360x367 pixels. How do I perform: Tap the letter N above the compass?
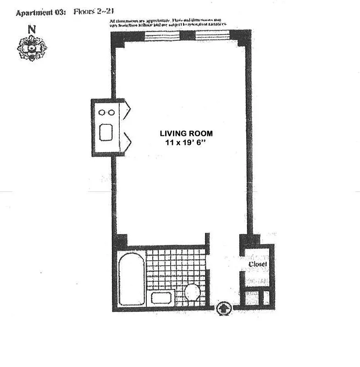point(32,29)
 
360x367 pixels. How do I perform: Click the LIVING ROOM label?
point(186,133)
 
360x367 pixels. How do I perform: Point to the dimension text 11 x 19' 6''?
point(186,143)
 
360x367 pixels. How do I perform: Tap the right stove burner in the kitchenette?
point(112,112)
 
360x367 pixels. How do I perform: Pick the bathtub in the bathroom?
point(131,278)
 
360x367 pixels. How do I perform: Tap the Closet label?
point(257,264)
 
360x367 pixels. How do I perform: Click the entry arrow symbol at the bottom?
point(223,307)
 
